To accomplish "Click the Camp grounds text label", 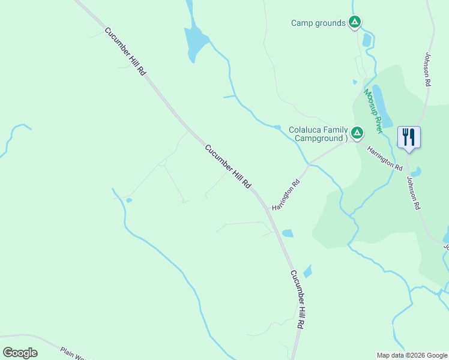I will pos(318,23).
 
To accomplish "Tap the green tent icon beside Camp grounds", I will pos(355,23).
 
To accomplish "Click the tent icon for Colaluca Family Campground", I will pos(357,133).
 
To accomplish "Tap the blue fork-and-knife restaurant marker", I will pos(409,137).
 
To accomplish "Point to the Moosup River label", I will pos(373,111).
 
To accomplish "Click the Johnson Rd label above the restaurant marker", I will pos(427,70).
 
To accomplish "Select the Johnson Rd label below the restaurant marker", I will pos(413,192).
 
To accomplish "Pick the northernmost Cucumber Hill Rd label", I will pos(125,51).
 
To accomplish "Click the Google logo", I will pos(20,353).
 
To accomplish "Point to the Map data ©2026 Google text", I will pos(412,355).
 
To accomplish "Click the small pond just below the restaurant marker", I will pos(415,172).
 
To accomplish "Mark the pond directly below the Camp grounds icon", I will pos(367,40).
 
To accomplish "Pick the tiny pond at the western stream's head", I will pos(129,200).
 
